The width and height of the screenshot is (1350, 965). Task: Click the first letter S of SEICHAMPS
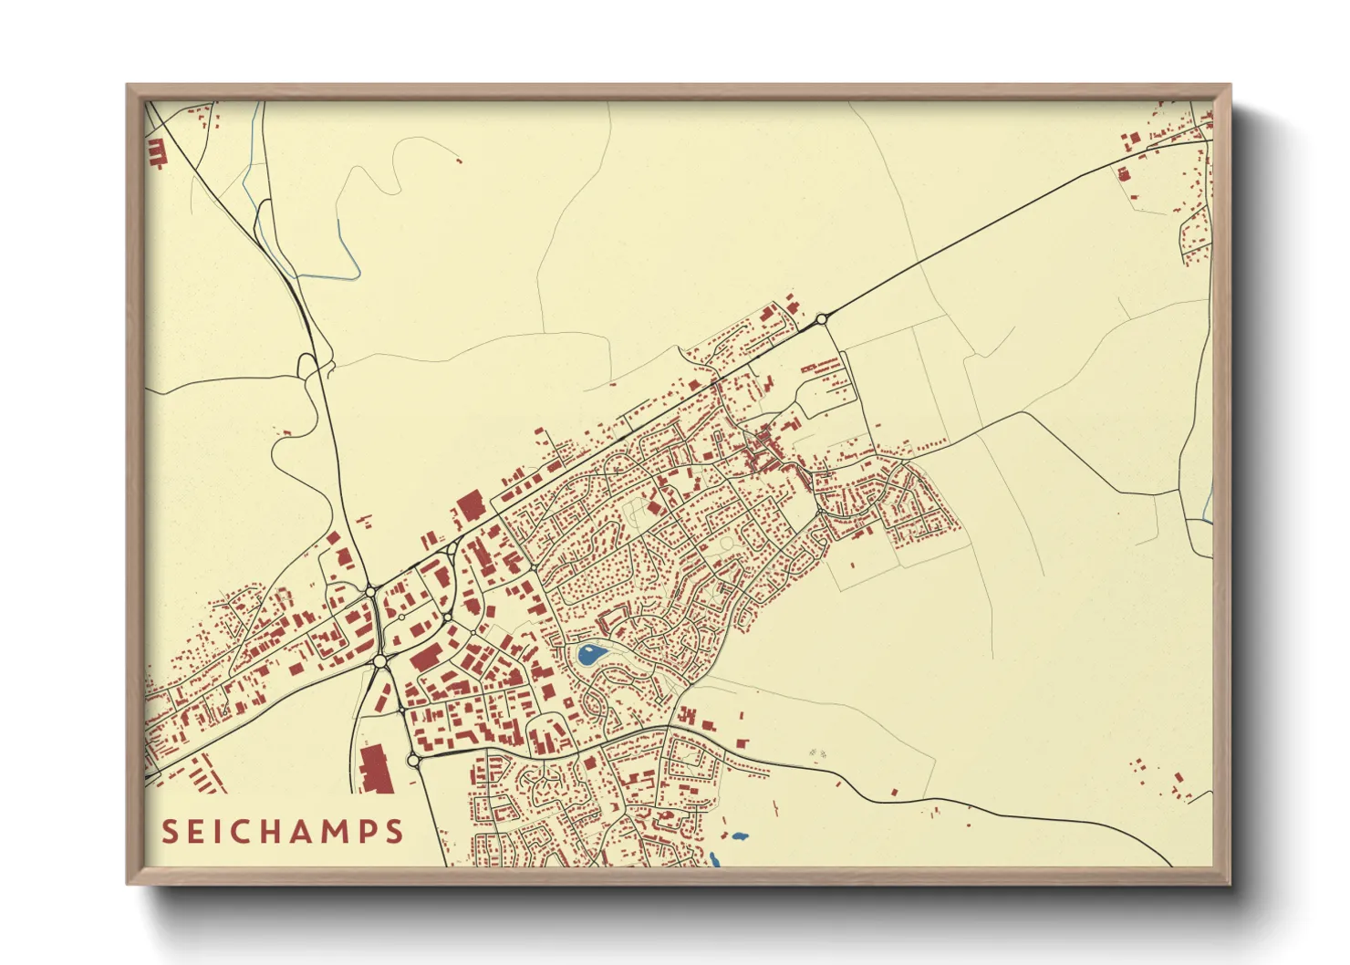171,832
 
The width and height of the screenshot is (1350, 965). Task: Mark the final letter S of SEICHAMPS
394,832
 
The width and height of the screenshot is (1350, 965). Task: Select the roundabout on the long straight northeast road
822,319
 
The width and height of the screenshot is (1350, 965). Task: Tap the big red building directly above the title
374,768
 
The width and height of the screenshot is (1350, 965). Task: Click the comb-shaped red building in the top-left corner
156,152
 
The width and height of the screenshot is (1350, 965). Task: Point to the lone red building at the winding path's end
459,161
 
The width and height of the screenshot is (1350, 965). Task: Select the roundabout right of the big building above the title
413,760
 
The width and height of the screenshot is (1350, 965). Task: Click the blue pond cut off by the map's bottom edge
714,859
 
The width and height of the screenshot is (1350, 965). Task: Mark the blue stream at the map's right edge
1207,502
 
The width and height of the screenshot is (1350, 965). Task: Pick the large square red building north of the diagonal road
470,505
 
